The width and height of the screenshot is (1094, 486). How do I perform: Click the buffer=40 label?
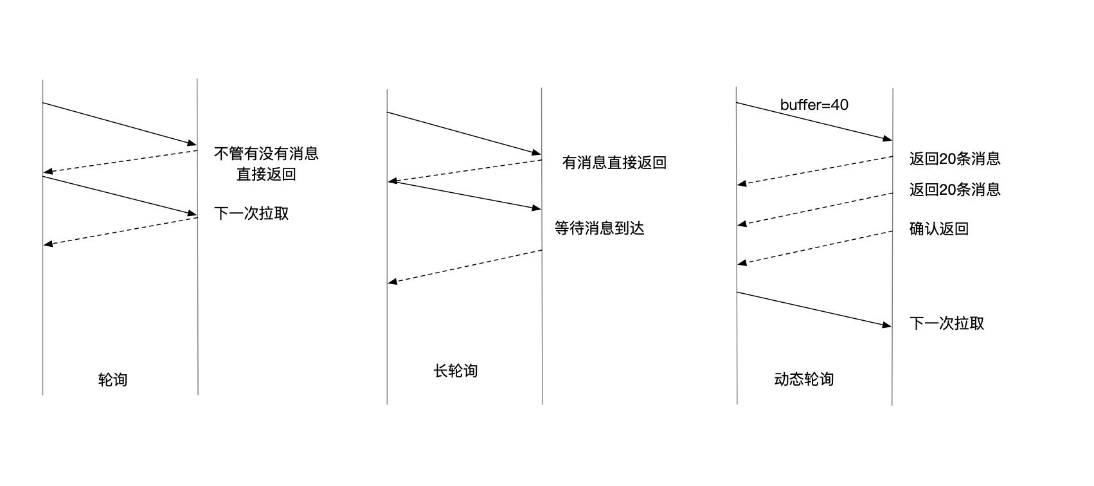pyautogui.click(x=814, y=105)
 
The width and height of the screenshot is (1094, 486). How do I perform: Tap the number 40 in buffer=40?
pyautogui.click(x=839, y=105)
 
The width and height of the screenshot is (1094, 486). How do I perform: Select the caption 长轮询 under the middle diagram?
pyautogui.click(x=456, y=371)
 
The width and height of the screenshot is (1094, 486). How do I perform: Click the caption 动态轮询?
pyautogui.click(x=803, y=379)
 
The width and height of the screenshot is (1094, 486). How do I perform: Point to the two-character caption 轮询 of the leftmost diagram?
pyautogui.click(x=112, y=380)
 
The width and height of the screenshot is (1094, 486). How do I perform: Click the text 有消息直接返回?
pyautogui.click(x=614, y=163)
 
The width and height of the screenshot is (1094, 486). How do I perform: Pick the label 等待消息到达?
pyautogui.click(x=599, y=228)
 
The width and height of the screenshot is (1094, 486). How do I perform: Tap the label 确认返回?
pyautogui.click(x=938, y=229)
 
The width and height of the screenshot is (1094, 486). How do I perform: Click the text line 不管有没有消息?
pyautogui.click(x=266, y=154)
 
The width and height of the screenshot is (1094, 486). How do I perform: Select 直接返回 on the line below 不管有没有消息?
pyautogui.click(x=266, y=174)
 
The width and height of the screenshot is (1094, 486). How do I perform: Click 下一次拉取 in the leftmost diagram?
pyautogui.click(x=251, y=213)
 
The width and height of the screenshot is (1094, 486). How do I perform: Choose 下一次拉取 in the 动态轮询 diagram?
pyautogui.click(x=947, y=323)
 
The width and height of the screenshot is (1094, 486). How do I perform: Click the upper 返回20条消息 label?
pyautogui.click(x=955, y=159)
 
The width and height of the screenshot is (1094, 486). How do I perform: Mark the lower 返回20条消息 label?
pyautogui.click(x=955, y=190)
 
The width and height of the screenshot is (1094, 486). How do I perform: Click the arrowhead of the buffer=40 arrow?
pyautogui.click(x=888, y=139)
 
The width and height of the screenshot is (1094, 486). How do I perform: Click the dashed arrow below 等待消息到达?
pyautogui.click(x=465, y=266)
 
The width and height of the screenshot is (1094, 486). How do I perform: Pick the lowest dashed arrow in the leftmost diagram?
pyautogui.click(x=120, y=231)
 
